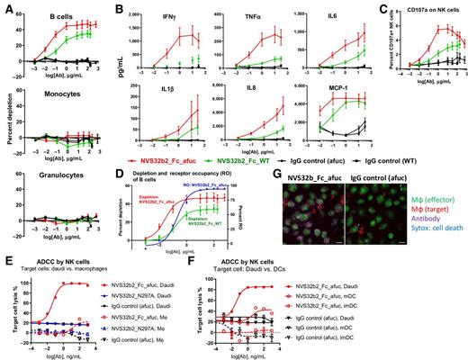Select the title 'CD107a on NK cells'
click(x=430, y=9)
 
